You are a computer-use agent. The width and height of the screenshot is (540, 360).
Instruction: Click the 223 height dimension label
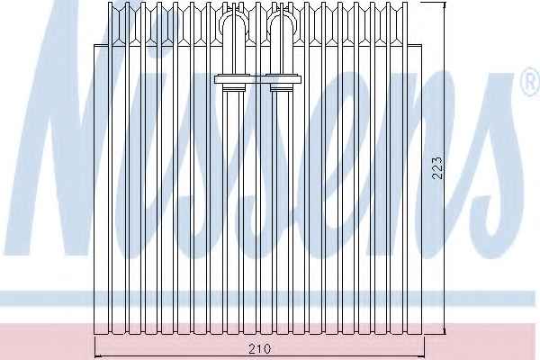(x=437, y=167)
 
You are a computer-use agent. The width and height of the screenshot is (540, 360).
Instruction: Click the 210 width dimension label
(x=260, y=348)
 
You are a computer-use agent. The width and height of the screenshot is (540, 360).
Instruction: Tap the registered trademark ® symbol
(x=531, y=82)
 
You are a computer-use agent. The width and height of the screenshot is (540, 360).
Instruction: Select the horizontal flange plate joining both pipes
(x=258, y=79)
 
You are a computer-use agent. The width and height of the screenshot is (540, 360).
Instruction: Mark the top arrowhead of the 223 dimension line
(x=445, y=4)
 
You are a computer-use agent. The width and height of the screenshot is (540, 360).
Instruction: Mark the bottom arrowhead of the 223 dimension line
(x=445, y=332)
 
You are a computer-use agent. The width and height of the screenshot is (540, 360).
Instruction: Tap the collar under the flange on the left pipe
(x=234, y=88)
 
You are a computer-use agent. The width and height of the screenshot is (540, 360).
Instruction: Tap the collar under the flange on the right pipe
(x=283, y=88)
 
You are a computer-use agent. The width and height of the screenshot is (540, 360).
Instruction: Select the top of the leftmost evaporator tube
(x=111, y=4)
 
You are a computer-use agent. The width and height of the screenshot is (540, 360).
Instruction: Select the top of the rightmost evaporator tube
(x=405, y=4)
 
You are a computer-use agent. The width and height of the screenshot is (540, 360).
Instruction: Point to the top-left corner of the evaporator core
(x=94, y=45)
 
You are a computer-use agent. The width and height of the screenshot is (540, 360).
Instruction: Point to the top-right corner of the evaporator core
(x=422, y=45)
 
